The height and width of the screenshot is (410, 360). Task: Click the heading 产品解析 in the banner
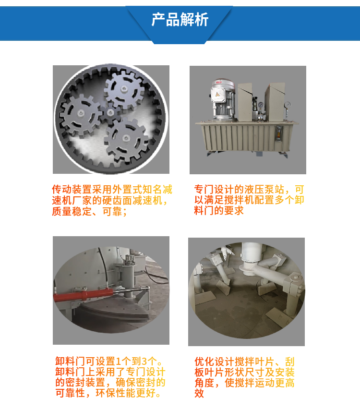click(x=180, y=19)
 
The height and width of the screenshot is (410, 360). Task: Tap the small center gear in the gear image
click(x=110, y=113)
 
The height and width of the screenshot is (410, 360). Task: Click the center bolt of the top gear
click(x=124, y=89)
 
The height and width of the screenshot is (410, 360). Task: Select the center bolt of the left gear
click(x=81, y=113)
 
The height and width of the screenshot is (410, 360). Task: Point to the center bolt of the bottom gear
click(x=126, y=138)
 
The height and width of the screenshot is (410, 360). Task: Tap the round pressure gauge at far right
click(x=288, y=105)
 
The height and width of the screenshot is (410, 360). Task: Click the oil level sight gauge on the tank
click(x=279, y=133)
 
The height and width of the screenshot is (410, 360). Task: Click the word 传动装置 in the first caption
click(x=72, y=189)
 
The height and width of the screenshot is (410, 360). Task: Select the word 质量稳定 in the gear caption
click(x=72, y=211)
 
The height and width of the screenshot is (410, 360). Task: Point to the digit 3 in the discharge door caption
click(x=144, y=362)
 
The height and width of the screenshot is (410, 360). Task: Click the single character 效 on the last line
click(x=199, y=393)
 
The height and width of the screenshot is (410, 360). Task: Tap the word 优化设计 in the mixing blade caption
click(x=215, y=362)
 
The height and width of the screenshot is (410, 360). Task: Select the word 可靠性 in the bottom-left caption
click(x=71, y=393)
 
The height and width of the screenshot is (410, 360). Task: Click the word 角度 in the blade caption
click(x=204, y=383)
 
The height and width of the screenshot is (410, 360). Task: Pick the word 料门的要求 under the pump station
click(x=219, y=210)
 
